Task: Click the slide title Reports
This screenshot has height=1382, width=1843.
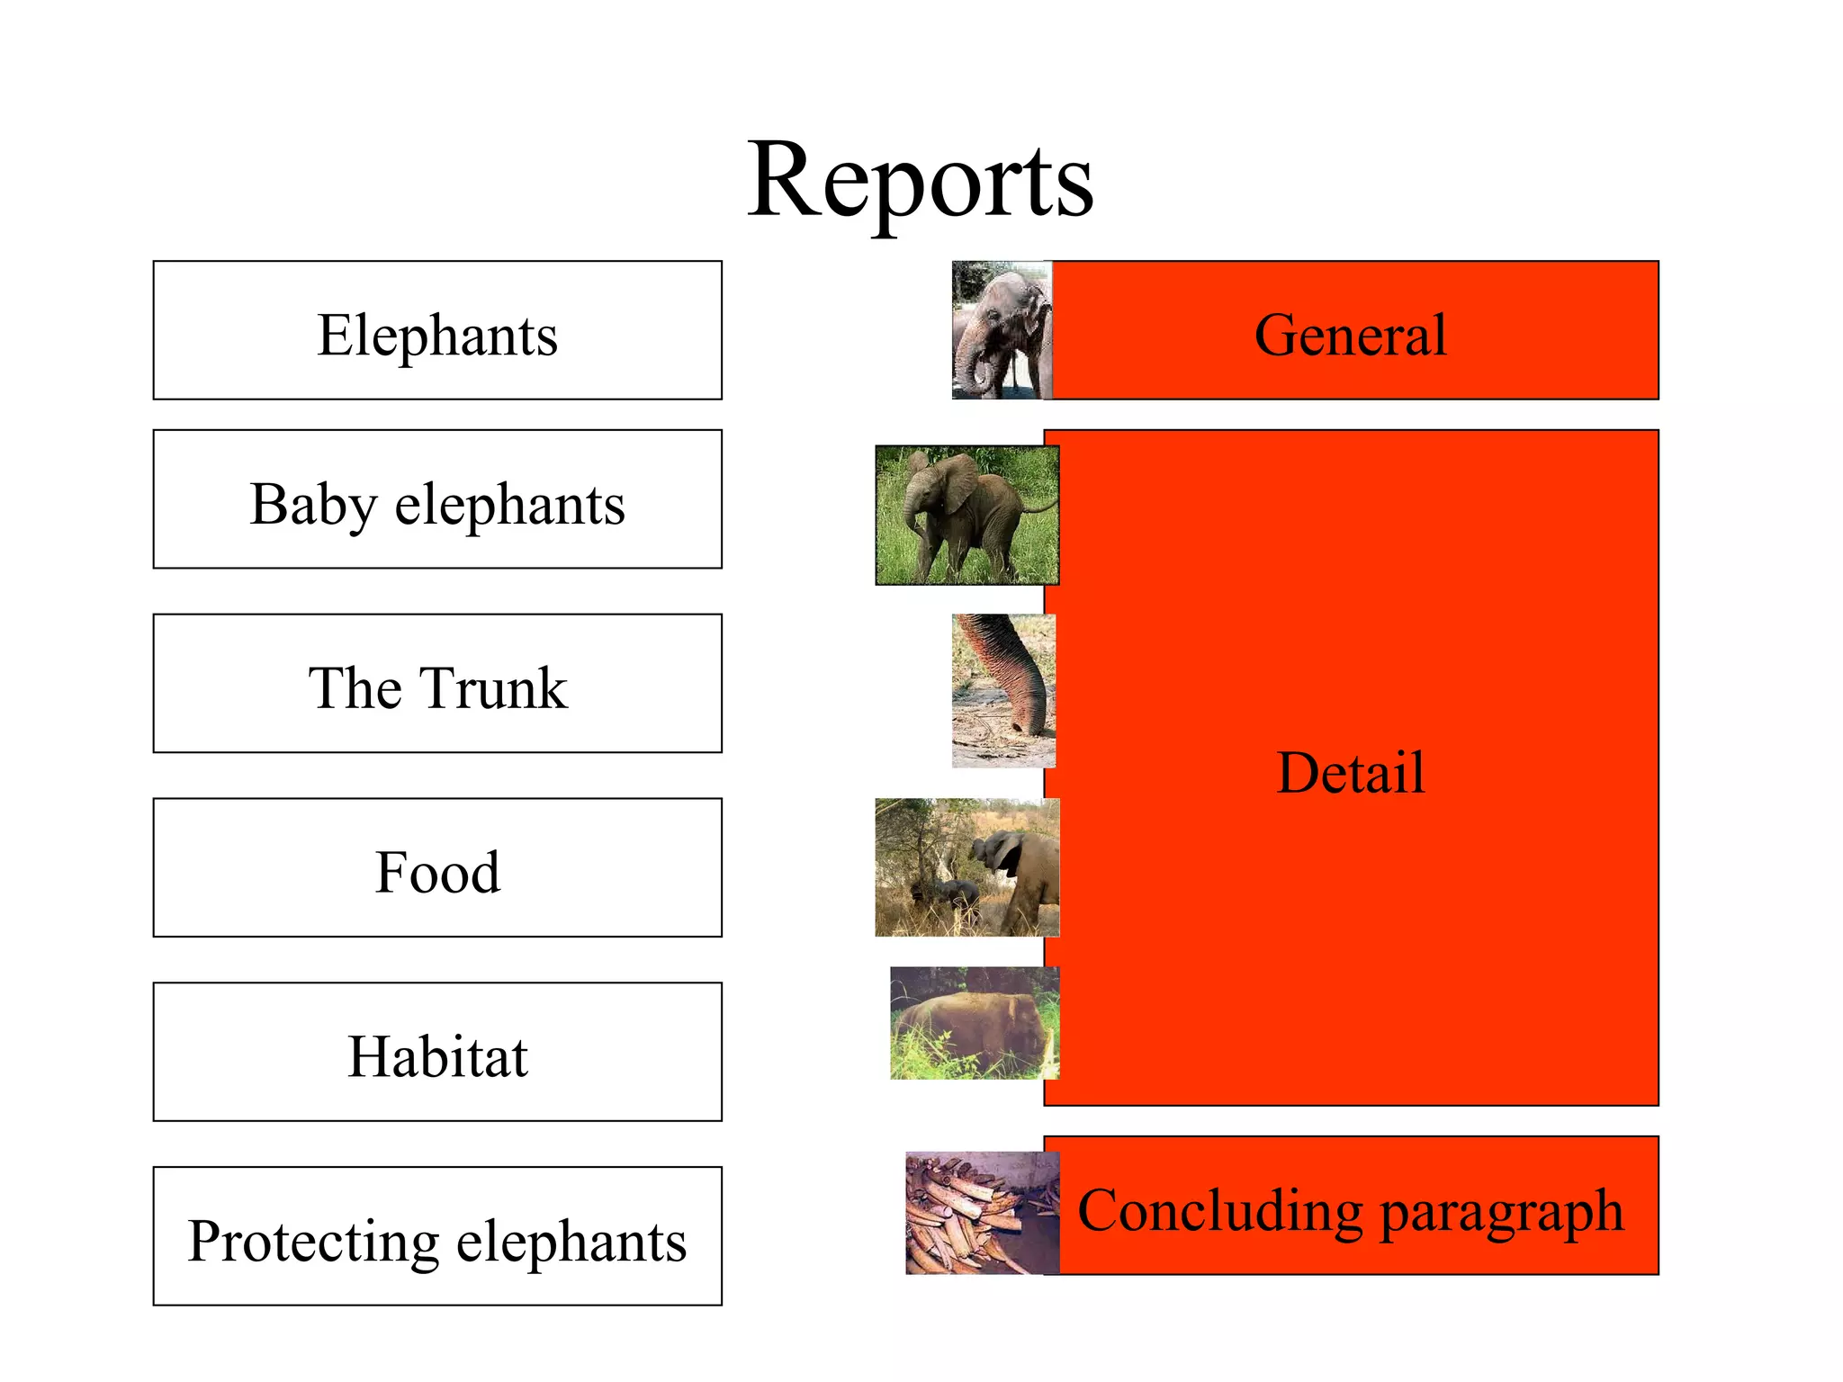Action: tap(921, 182)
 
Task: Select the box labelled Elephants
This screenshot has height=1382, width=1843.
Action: tap(437, 330)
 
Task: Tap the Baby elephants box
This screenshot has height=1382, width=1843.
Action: tap(437, 499)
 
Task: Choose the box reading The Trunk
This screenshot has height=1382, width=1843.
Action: tap(437, 684)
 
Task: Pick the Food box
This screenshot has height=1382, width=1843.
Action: tap(437, 868)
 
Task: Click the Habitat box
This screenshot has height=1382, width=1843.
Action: tap(437, 1052)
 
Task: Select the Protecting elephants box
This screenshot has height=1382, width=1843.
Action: tap(437, 1236)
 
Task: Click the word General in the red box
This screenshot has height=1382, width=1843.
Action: tap(1350, 335)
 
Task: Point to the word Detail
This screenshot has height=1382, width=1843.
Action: tap(1350, 772)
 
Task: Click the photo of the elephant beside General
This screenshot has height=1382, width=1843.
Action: tap(1002, 330)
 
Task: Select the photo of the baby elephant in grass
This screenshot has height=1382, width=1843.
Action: tap(966, 515)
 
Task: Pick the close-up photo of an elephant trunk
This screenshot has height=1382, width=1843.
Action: tap(1003, 690)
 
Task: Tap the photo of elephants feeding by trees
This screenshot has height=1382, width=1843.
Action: tap(966, 867)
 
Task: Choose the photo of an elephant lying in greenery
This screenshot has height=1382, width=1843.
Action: tap(974, 1023)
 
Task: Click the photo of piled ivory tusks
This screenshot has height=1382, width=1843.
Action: tap(981, 1212)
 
